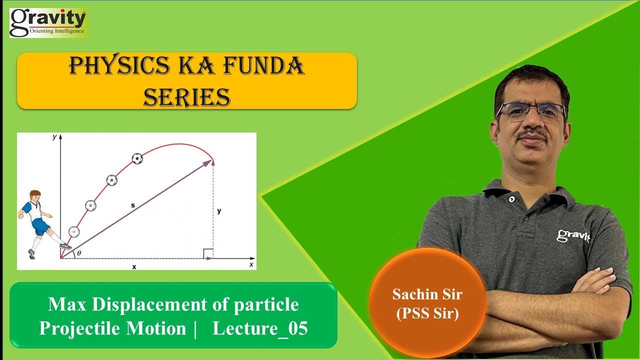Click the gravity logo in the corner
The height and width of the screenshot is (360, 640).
point(48,22)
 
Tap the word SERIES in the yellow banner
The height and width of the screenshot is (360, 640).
point(186,96)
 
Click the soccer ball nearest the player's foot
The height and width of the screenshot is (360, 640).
point(74,232)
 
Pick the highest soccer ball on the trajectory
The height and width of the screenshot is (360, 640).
point(137,158)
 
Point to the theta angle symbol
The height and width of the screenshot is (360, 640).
point(79,253)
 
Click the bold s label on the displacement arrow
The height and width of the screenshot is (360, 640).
point(133,205)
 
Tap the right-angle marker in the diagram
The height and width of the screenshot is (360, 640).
point(208,253)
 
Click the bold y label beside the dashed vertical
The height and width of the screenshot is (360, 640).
point(219,211)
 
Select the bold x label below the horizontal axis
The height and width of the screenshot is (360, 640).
point(134,267)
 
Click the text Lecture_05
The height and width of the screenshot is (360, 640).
point(260,328)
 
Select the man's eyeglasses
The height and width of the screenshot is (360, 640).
point(531,112)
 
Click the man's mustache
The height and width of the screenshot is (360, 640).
point(533,134)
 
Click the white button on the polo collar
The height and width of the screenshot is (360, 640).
point(511,198)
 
